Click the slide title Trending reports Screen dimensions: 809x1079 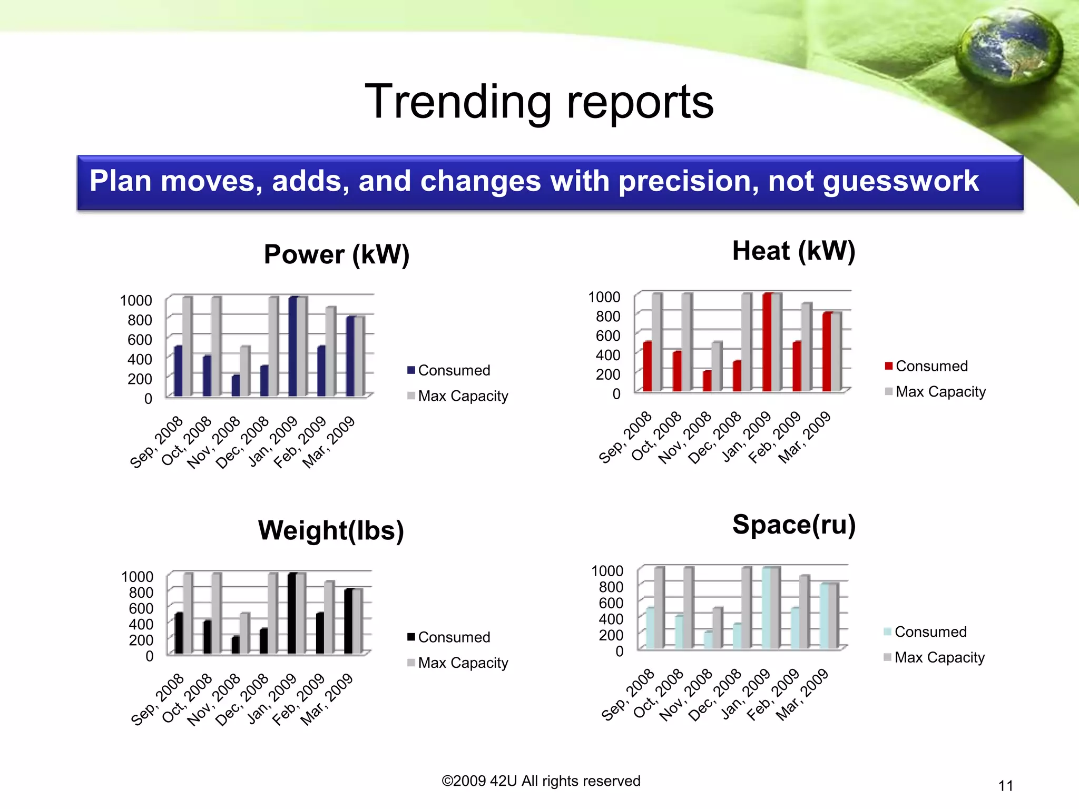pos(539,102)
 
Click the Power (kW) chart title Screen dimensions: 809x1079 pos(336,255)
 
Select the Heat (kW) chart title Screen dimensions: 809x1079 pos(793,251)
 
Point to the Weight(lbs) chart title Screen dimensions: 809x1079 pos(331,530)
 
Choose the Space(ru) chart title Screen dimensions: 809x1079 pos(793,525)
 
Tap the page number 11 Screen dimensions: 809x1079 pos(1005,786)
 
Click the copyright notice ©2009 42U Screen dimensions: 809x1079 pos(541,781)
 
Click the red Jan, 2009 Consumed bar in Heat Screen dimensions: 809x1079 pos(767,342)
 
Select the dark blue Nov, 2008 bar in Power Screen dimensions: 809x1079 pos(235,386)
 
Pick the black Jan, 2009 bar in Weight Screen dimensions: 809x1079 pos(292,614)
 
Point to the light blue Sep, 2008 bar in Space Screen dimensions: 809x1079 pos(650,628)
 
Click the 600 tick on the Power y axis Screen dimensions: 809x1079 pos(140,340)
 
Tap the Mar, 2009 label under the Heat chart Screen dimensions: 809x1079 pos(805,437)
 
